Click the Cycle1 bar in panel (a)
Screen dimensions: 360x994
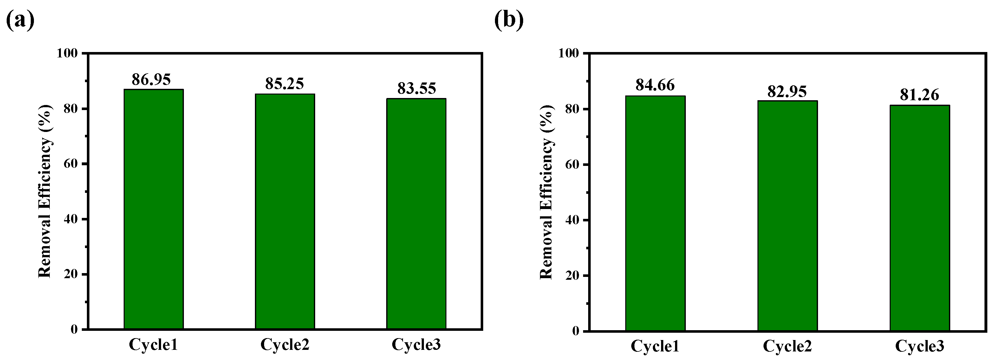tap(153, 209)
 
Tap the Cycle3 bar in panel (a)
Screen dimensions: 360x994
tap(416, 213)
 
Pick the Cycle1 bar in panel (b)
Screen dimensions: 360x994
tap(655, 213)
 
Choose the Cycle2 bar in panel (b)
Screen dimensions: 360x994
tap(788, 215)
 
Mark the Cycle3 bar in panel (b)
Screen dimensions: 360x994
tap(919, 218)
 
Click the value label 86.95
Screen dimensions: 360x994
tap(151, 80)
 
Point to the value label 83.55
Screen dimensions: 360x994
tap(416, 88)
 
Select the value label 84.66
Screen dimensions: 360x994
tap(655, 85)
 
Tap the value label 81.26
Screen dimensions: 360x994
tap(919, 95)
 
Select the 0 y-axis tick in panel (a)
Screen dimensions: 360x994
tap(74, 330)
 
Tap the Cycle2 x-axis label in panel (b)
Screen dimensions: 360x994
tap(787, 346)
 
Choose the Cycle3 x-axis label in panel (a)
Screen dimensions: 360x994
tap(416, 344)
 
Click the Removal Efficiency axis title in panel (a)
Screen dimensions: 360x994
tap(45, 191)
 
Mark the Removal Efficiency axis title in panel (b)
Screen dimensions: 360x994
tap(546, 192)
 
